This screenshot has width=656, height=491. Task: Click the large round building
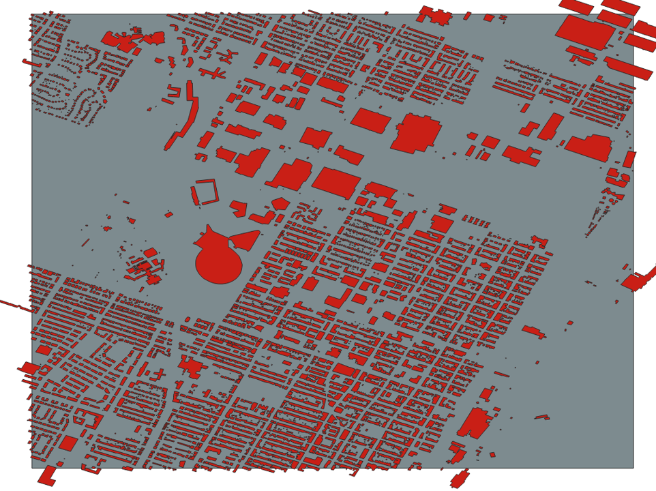tap(218, 263)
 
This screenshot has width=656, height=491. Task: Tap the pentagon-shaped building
tap(280, 203)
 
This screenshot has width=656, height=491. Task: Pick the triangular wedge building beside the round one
tap(245, 239)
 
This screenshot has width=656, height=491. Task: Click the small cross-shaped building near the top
tap(212, 73)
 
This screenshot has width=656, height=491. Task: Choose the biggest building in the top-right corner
tap(585, 31)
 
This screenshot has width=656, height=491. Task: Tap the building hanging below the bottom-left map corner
tap(47, 476)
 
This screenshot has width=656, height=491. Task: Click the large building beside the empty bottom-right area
tap(475, 423)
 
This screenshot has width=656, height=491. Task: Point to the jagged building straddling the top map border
tap(435, 15)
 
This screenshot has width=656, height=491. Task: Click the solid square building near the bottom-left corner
tap(68, 443)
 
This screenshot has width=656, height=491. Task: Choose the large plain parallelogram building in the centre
tap(336, 183)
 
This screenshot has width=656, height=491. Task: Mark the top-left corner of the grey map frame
tap(31, 14)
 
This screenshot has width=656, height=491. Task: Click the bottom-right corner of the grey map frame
tap(633, 468)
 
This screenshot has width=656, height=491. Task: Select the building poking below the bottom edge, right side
tap(460, 479)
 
